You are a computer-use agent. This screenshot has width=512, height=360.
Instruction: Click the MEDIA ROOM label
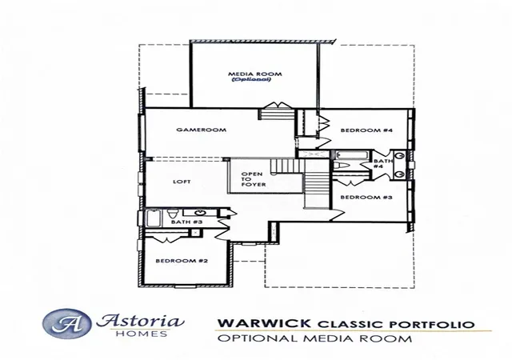[x=254, y=74]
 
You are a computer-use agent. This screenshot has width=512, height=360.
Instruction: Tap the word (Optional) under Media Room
[x=251, y=79]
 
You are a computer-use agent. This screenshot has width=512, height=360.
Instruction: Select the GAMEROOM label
[x=201, y=130]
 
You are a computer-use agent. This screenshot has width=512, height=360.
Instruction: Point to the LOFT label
[x=182, y=182]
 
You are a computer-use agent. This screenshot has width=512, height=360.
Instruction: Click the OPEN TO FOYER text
[x=254, y=179]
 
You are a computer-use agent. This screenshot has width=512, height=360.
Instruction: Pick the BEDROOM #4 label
[x=366, y=130]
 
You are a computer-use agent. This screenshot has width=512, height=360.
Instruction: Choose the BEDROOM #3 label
[x=366, y=198]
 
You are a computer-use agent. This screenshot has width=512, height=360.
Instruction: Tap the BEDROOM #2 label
[x=182, y=261]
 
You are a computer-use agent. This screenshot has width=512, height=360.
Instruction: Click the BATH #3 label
[x=186, y=222]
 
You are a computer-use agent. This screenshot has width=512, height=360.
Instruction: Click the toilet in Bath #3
[x=172, y=214]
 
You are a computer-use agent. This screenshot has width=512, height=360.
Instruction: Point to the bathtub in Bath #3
[x=154, y=218]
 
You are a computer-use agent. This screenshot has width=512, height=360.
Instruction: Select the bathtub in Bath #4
[x=352, y=154]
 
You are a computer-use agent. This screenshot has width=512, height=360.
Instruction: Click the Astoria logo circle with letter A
[x=66, y=323]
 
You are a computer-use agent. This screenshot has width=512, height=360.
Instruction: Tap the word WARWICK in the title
[x=264, y=323]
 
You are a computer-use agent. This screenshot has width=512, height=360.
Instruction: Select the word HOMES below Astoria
[x=142, y=334]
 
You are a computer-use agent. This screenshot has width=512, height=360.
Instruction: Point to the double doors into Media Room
[x=278, y=106]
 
